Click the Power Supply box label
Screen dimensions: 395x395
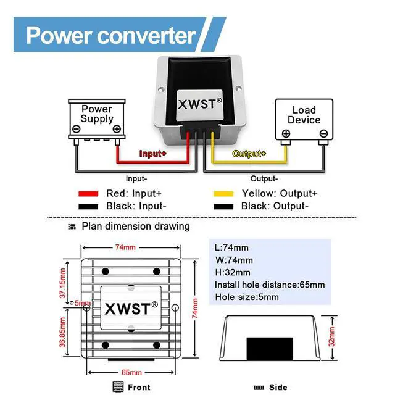pyautogui.click(x=97, y=114)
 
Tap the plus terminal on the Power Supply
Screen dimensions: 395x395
pyautogui.click(x=117, y=129)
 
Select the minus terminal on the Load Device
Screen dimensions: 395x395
pyautogui.click(x=323, y=133)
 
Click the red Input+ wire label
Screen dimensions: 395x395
pyautogui.click(x=152, y=154)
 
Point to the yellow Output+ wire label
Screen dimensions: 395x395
pyautogui.click(x=249, y=154)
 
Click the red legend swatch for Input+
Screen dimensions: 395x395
pyautogui.click(x=88, y=194)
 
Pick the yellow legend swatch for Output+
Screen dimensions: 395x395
pyautogui.click(x=223, y=194)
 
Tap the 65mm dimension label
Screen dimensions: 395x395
pyautogui.click(x=131, y=372)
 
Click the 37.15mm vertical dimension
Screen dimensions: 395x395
pyautogui.click(x=62, y=283)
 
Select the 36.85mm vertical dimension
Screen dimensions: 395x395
pyautogui.click(x=62, y=332)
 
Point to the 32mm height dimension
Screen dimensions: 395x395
pyautogui.click(x=332, y=336)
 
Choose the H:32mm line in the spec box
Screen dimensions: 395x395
pyautogui.click(x=233, y=272)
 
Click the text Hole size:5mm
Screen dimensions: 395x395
pyautogui.click(x=247, y=297)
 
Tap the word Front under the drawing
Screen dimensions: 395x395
pyautogui.click(x=139, y=387)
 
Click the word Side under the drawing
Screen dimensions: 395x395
pyautogui.click(x=278, y=387)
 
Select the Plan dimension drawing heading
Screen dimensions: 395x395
pyautogui.click(x=136, y=227)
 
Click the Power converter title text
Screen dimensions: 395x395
pyautogui.click(x=111, y=35)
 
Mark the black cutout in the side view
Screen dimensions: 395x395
pyautogui.click(x=270, y=349)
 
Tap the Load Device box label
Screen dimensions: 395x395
pyautogui.click(x=304, y=115)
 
